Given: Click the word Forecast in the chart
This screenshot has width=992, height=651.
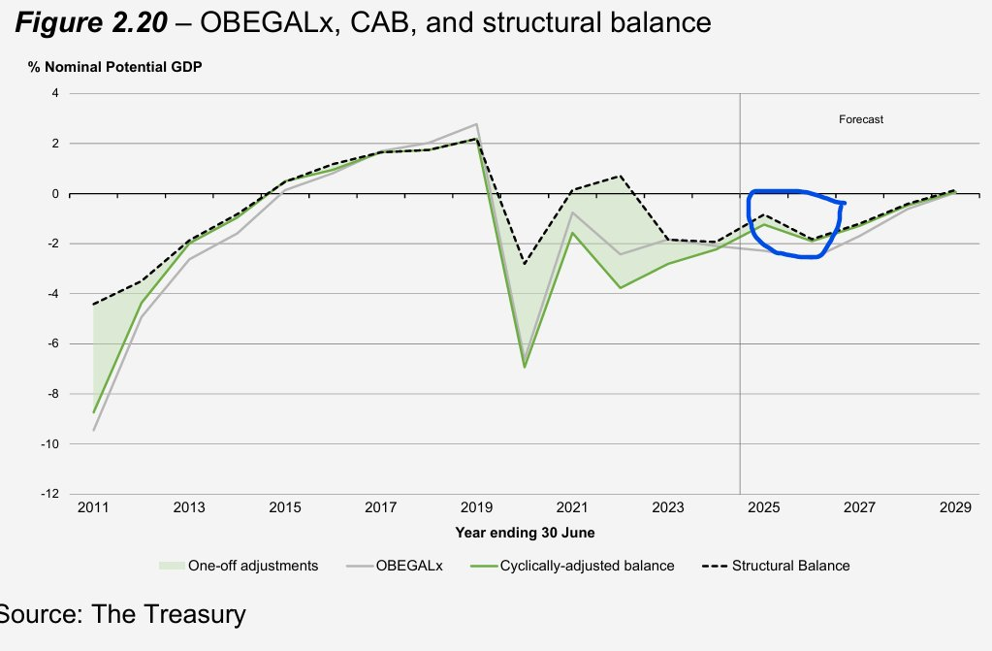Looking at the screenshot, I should [861, 119].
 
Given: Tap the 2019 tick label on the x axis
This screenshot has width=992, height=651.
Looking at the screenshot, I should [475, 507].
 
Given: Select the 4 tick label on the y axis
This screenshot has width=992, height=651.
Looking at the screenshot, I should [55, 94].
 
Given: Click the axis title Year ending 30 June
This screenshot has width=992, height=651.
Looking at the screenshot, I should [525, 533].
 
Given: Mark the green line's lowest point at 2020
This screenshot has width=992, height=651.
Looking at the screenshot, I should [525, 367].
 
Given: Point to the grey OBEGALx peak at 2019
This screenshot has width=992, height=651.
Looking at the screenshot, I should [476, 124].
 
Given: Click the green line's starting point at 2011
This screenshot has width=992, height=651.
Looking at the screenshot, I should [94, 412].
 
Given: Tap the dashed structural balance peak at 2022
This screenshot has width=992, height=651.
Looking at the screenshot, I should [620, 177].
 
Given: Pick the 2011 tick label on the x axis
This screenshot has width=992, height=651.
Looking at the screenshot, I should [94, 507].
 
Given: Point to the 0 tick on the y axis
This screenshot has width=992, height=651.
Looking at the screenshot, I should [55, 194].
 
